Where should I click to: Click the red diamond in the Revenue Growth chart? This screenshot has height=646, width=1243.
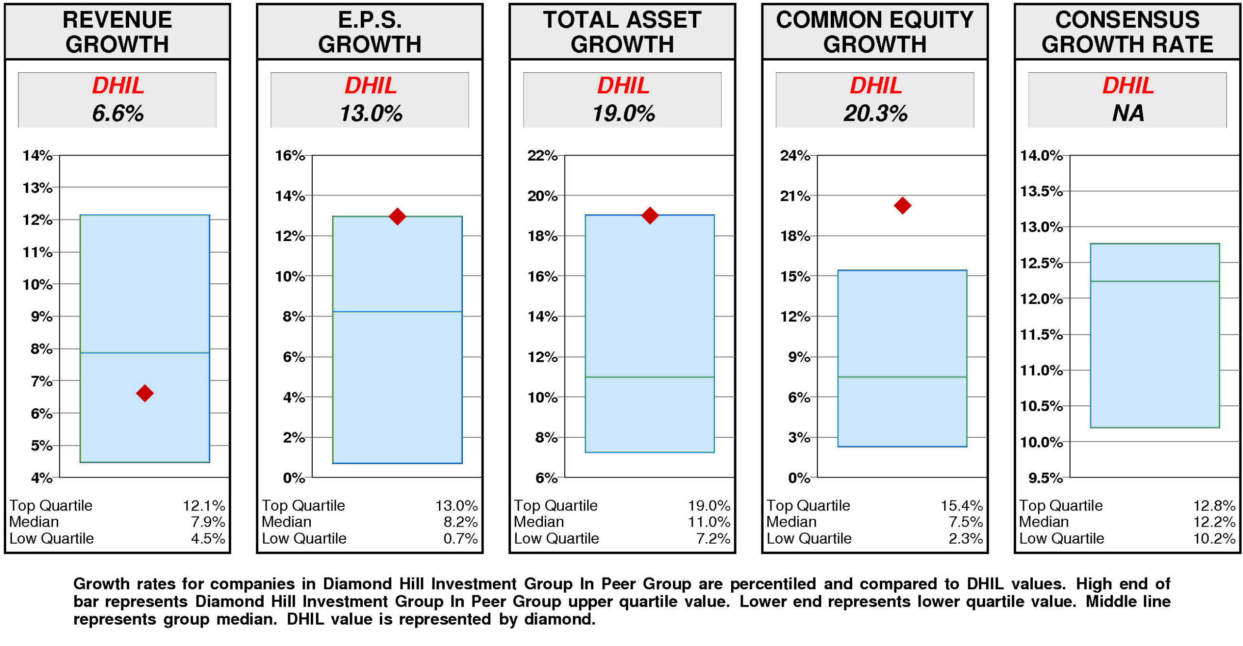(x=145, y=393)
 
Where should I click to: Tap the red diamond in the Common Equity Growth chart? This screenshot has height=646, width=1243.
(x=902, y=205)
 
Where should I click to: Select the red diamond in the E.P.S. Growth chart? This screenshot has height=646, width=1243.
(x=397, y=216)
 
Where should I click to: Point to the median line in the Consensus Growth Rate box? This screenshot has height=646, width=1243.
(x=1155, y=281)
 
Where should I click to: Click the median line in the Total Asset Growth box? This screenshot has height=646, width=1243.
(x=650, y=377)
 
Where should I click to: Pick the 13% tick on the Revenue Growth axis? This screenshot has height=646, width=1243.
(x=38, y=187)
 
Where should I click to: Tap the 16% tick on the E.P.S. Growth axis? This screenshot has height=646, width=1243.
(x=290, y=155)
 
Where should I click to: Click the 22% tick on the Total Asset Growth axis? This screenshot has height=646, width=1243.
(x=543, y=155)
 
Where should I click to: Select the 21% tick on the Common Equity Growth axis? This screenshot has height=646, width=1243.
(x=795, y=196)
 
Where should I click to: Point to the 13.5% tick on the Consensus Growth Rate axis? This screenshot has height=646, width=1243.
(x=1041, y=191)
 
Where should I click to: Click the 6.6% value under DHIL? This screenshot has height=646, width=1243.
(x=118, y=114)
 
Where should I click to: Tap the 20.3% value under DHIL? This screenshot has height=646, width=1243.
(x=875, y=114)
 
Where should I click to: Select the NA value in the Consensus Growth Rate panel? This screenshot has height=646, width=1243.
(x=1127, y=114)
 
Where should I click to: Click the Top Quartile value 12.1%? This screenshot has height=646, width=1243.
(x=204, y=505)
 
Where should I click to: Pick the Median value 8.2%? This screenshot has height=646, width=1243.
(x=460, y=522)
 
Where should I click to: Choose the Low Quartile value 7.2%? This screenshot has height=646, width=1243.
(x=713, y=538)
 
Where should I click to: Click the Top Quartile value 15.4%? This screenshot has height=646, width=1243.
(x=961, y=505)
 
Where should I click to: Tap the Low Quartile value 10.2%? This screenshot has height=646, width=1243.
(x=1214, y=538)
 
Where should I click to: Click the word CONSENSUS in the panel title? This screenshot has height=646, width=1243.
(x=1127, y=20)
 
